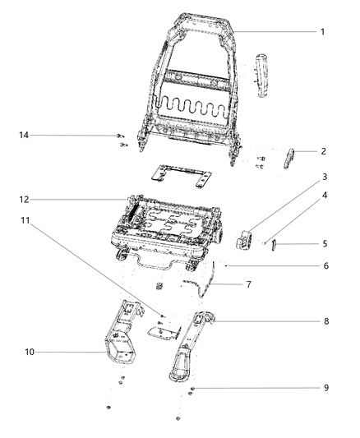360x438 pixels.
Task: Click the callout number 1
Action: click(323, 32)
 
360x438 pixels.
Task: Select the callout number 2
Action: click(323, 152)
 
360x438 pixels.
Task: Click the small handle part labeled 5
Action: click(276, 243)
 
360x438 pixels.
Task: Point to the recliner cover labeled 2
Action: click(292, 156)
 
